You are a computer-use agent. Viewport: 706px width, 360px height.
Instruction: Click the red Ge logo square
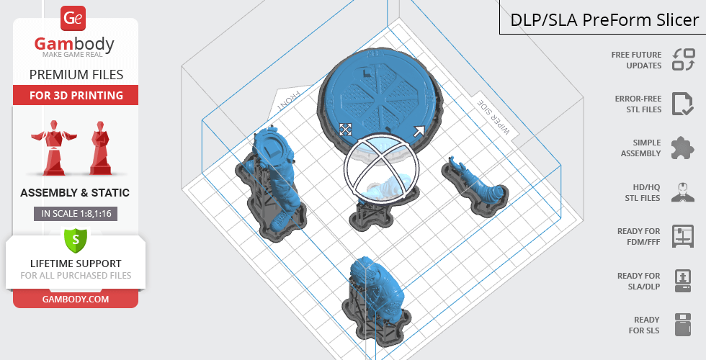[x=73, y=18]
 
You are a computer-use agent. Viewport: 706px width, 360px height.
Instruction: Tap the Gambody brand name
[x=74, y=44]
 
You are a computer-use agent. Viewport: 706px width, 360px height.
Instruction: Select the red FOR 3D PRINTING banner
[x=76, y=95]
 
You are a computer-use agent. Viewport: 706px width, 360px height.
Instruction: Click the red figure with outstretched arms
[x=54, y=147]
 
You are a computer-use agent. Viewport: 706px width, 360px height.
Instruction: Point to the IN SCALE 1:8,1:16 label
[x=76, y=213]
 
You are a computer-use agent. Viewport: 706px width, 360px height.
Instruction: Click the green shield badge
[x=76, y=240]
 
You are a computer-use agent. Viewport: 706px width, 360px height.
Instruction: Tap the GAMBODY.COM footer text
[x=76, y=300]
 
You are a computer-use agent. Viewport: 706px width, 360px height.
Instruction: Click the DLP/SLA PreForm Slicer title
[x=604, y=20]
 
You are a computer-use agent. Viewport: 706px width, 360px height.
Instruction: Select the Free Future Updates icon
[x=684, y=60]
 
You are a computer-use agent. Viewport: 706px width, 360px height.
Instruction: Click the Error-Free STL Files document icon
[x=683, y=104]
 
